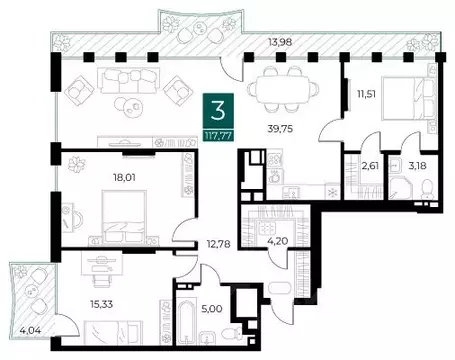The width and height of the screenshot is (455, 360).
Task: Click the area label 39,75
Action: click(280, 129)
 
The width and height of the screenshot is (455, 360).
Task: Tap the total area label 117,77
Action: click(218, 136)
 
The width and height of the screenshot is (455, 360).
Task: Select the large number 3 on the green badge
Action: click(218, 111)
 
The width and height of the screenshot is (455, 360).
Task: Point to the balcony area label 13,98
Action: click(280, 42)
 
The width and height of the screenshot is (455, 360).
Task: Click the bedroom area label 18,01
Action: click(124, 178)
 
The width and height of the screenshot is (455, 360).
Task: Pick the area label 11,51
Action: click(366, 94)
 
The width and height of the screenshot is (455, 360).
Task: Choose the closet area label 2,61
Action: click(370, 165)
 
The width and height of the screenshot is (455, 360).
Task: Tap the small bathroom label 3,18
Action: click(417, 165)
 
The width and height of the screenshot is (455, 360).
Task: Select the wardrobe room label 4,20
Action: click(278, 241)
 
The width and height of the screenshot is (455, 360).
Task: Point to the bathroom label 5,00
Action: click(212, 309)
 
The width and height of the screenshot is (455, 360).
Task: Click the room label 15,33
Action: click(101, 304)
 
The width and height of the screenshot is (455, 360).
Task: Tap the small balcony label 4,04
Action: click(30, 331)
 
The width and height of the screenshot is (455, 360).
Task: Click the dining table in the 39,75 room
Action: click(282, 89)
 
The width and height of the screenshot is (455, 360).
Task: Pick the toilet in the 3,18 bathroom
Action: click(427, 189)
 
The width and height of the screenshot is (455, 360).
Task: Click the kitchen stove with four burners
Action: click(275, 159)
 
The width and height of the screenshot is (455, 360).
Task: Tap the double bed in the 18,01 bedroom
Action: click(124, 216)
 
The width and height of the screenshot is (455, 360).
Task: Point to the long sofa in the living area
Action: click(128, 81)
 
